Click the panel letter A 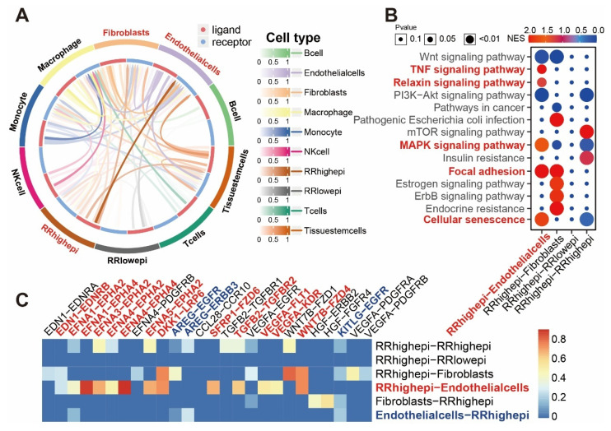pyautogui.click(x=15, y=14)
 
